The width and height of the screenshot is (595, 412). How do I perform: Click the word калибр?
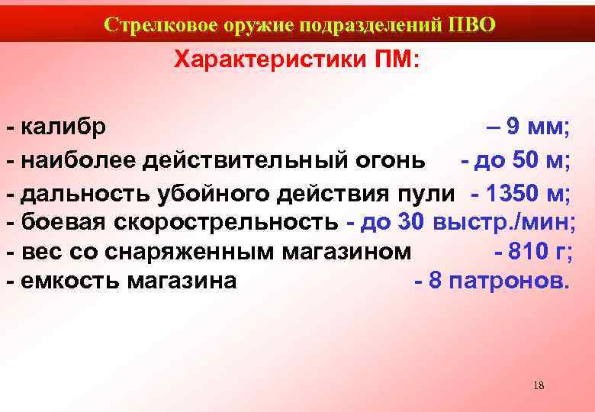[64, 126]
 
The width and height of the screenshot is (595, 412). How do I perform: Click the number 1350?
[513, 193]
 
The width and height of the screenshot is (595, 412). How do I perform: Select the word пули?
[432, 193]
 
